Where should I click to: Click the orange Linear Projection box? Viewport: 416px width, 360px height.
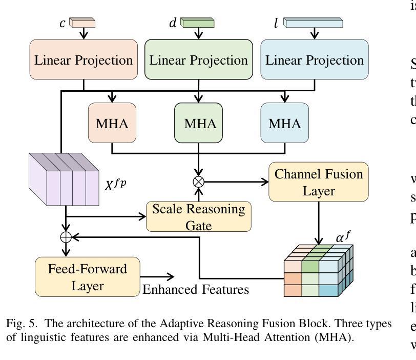pyautogui.click(x=84, y=60)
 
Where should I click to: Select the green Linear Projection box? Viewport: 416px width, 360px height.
pyautogui.click(x=199, y=60)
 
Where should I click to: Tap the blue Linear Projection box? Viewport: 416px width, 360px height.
pyautogui.click(x=314, y=60)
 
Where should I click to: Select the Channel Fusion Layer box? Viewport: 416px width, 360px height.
pyautogui.click(x=318, y=182)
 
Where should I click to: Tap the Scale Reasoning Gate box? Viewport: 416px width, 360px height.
pyautogui.click(x=203, y=216)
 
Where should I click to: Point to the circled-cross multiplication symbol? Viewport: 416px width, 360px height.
pyautogui.click(x=198, y=182)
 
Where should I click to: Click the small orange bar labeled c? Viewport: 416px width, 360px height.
pyautogui.click(x=82, y=23)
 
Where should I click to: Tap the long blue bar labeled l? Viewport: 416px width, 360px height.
pyautogui.click(x=313, y=23)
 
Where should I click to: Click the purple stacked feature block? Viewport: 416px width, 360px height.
pyautogui.click(x=64, y=179)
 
